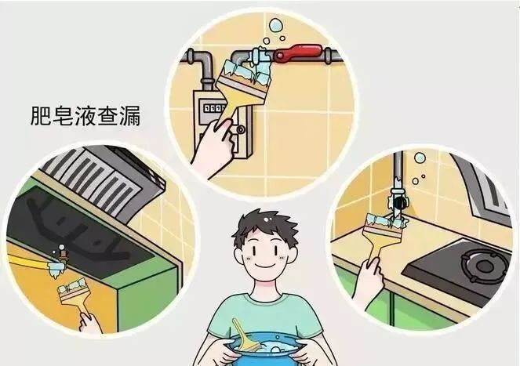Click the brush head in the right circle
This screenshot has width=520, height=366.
pyautogui.click(x=387, y=224)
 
